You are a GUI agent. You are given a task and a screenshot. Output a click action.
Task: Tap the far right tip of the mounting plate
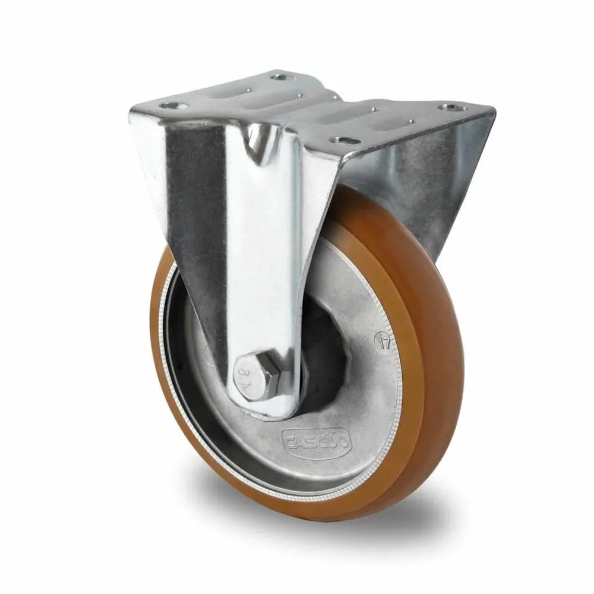[x=492, y=110]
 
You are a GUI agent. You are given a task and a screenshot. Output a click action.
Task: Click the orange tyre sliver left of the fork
[x=160, y=333]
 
